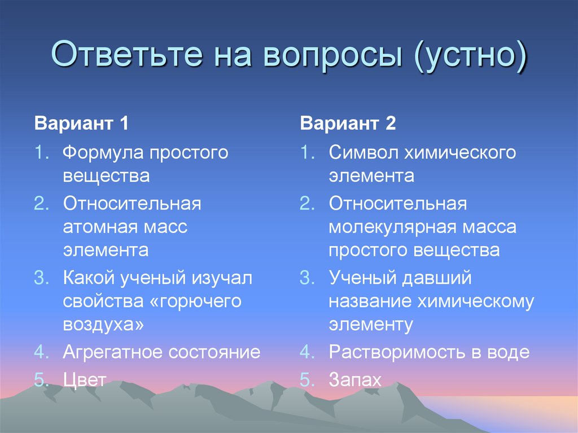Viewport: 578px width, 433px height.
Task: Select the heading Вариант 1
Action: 82,124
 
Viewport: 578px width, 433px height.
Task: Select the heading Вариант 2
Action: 348,124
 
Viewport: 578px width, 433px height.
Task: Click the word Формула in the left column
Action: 102,153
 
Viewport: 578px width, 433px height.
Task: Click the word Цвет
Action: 85,379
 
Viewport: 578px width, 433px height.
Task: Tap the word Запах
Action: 356,380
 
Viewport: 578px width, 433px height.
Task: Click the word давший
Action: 435,278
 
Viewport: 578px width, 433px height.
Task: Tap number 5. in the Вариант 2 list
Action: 308,380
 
